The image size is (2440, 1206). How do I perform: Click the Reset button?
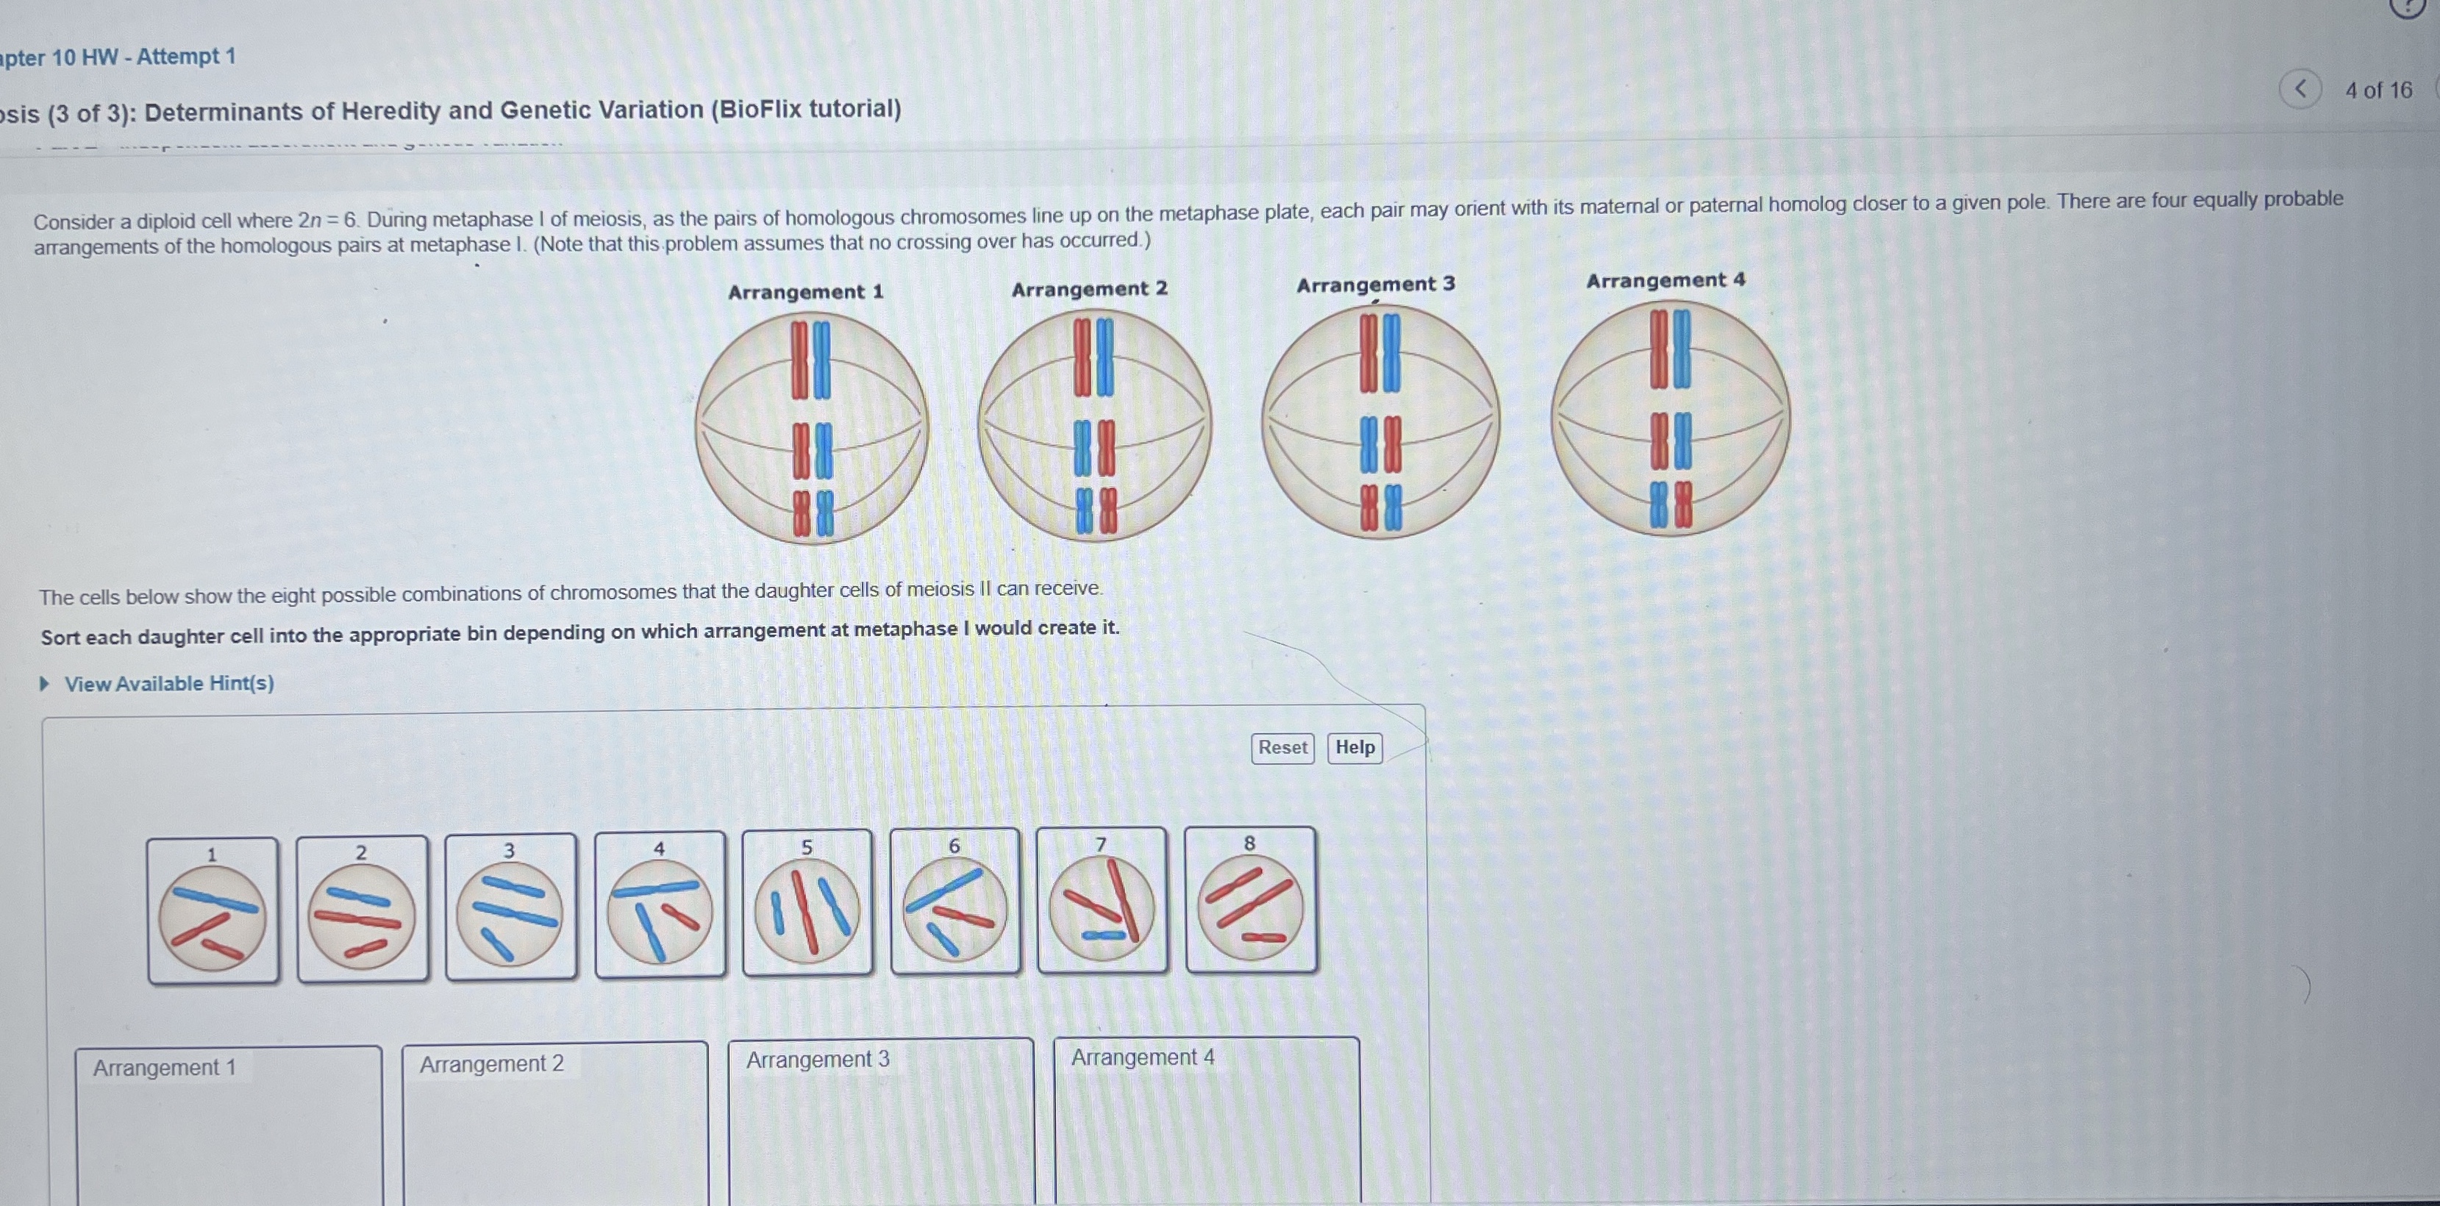(x=1283, y=747)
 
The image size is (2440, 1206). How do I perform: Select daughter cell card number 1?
(x=213, y=910)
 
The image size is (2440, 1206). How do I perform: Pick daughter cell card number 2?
(x=362, y=907)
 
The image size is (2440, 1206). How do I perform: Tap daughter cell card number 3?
(x=510, y=906)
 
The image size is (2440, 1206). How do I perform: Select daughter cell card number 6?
(x=955, y=900)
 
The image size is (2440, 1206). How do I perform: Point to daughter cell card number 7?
(x=1102, y=899)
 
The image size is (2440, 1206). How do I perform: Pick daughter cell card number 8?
(x=1250, y=899)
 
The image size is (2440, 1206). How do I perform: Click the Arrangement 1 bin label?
(x=164, y=1068)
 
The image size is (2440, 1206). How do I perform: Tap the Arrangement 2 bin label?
(x=491, y=1064)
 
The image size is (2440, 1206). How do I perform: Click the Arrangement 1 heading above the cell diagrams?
(x=805, y=292)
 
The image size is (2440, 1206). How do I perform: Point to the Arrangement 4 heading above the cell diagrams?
(x=1665, y=280)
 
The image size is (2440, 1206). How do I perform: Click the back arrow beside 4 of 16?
(x=2300, y=89)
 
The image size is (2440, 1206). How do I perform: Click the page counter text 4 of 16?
(x=2378, y=90)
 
